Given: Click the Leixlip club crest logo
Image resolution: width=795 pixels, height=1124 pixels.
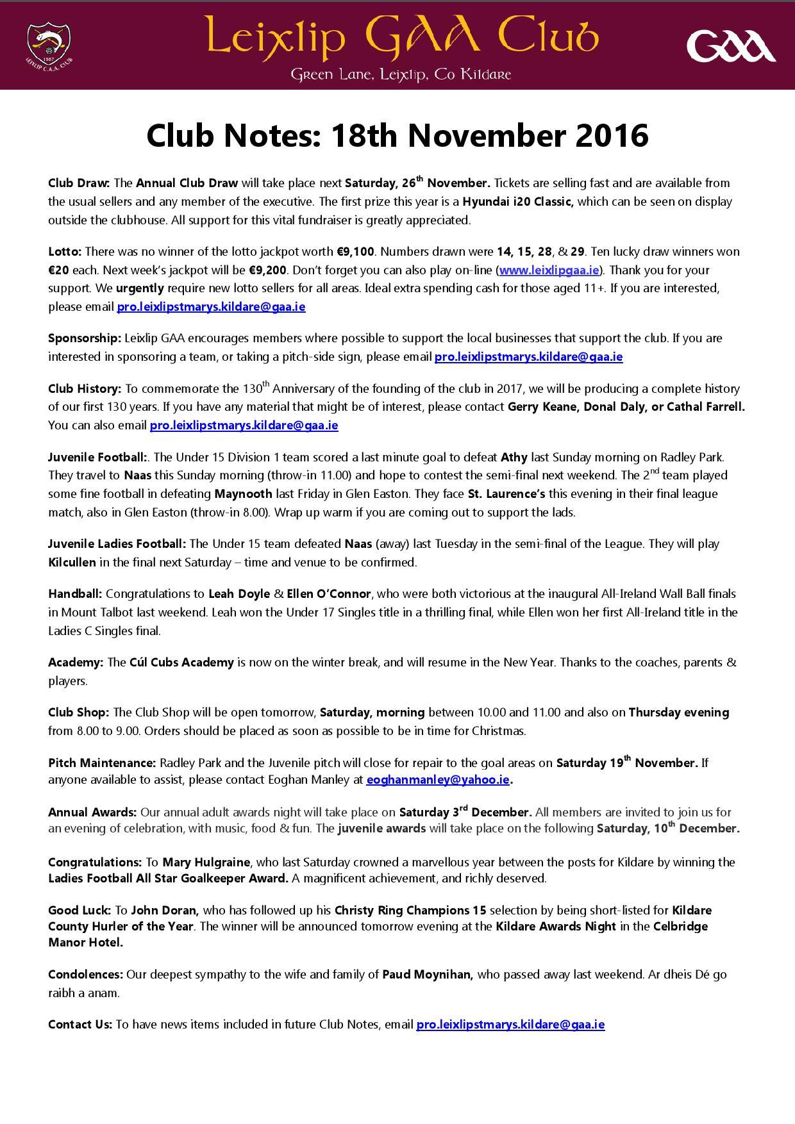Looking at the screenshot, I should click(49, 44).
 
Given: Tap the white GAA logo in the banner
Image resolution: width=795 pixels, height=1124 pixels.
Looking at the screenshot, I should click(730, 47).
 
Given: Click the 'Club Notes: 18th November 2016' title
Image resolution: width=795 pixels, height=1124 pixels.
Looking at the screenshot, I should click(397, 135).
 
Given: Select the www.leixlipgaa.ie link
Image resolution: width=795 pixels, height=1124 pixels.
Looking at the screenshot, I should click(549, 270).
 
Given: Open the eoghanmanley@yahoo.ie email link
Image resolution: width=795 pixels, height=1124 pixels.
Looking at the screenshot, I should click(438, 780).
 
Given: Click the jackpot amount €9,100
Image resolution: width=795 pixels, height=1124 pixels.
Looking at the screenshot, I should click(355, 251).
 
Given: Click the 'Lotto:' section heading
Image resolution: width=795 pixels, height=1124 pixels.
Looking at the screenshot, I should click(65, 251).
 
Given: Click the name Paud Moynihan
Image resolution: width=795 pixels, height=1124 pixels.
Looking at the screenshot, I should click(428, 975).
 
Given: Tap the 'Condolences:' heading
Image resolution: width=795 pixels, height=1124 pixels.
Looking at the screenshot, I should click(85, 975).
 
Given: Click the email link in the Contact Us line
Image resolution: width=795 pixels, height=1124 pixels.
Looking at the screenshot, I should click(510, 1024).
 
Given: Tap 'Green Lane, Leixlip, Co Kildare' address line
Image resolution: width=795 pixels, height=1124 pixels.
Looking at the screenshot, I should click(401, 75).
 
